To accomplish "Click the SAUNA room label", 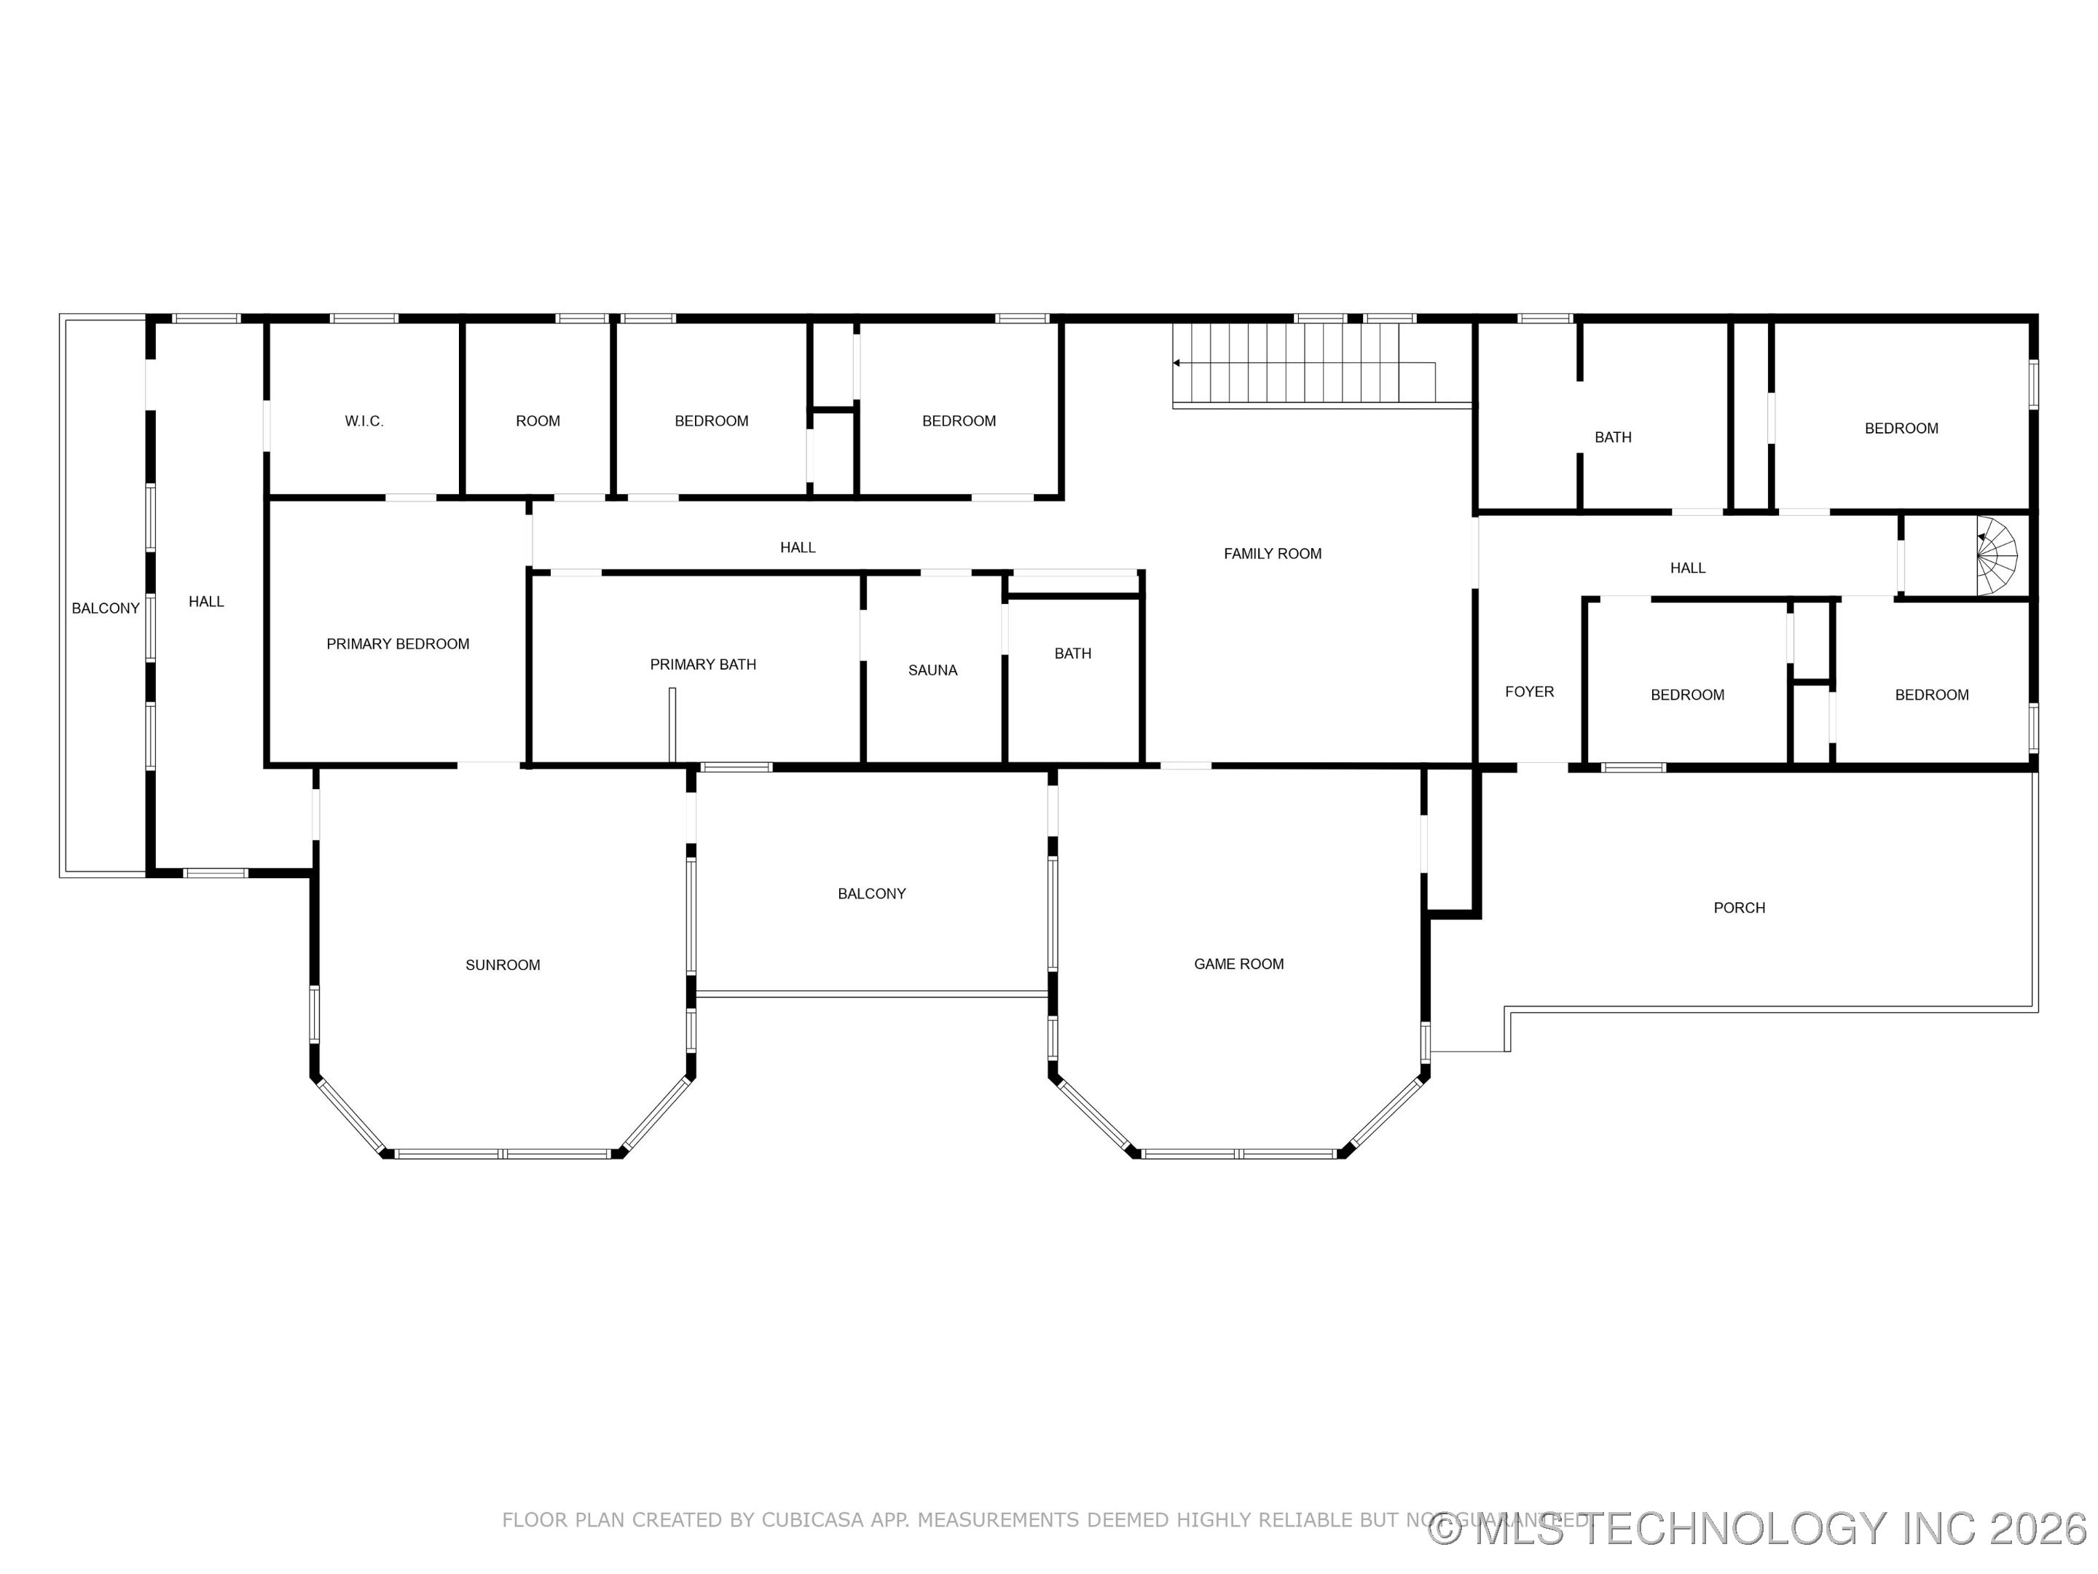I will [x=932, y=670].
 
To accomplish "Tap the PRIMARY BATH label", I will [x=703, y=664].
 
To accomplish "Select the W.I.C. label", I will [x=364, y=421].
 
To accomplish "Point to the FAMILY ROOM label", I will [x=1272, y=554].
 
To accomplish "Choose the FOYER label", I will [x=1529, y=692].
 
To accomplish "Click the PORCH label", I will [x=1739, y=908].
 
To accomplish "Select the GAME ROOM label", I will [x=1238, y=964].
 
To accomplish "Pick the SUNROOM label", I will [x=503, y=965].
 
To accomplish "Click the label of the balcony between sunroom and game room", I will [x=872, y=893].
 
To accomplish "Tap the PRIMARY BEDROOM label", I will [x=398, y=644].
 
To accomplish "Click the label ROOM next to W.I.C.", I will [x=538, y=421].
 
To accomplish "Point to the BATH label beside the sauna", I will [x=1073, y=654].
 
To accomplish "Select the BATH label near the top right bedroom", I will [x=1612, y=437].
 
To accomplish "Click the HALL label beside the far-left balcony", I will [x=206, y=601].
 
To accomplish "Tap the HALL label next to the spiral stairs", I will [x=1687, y=568].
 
